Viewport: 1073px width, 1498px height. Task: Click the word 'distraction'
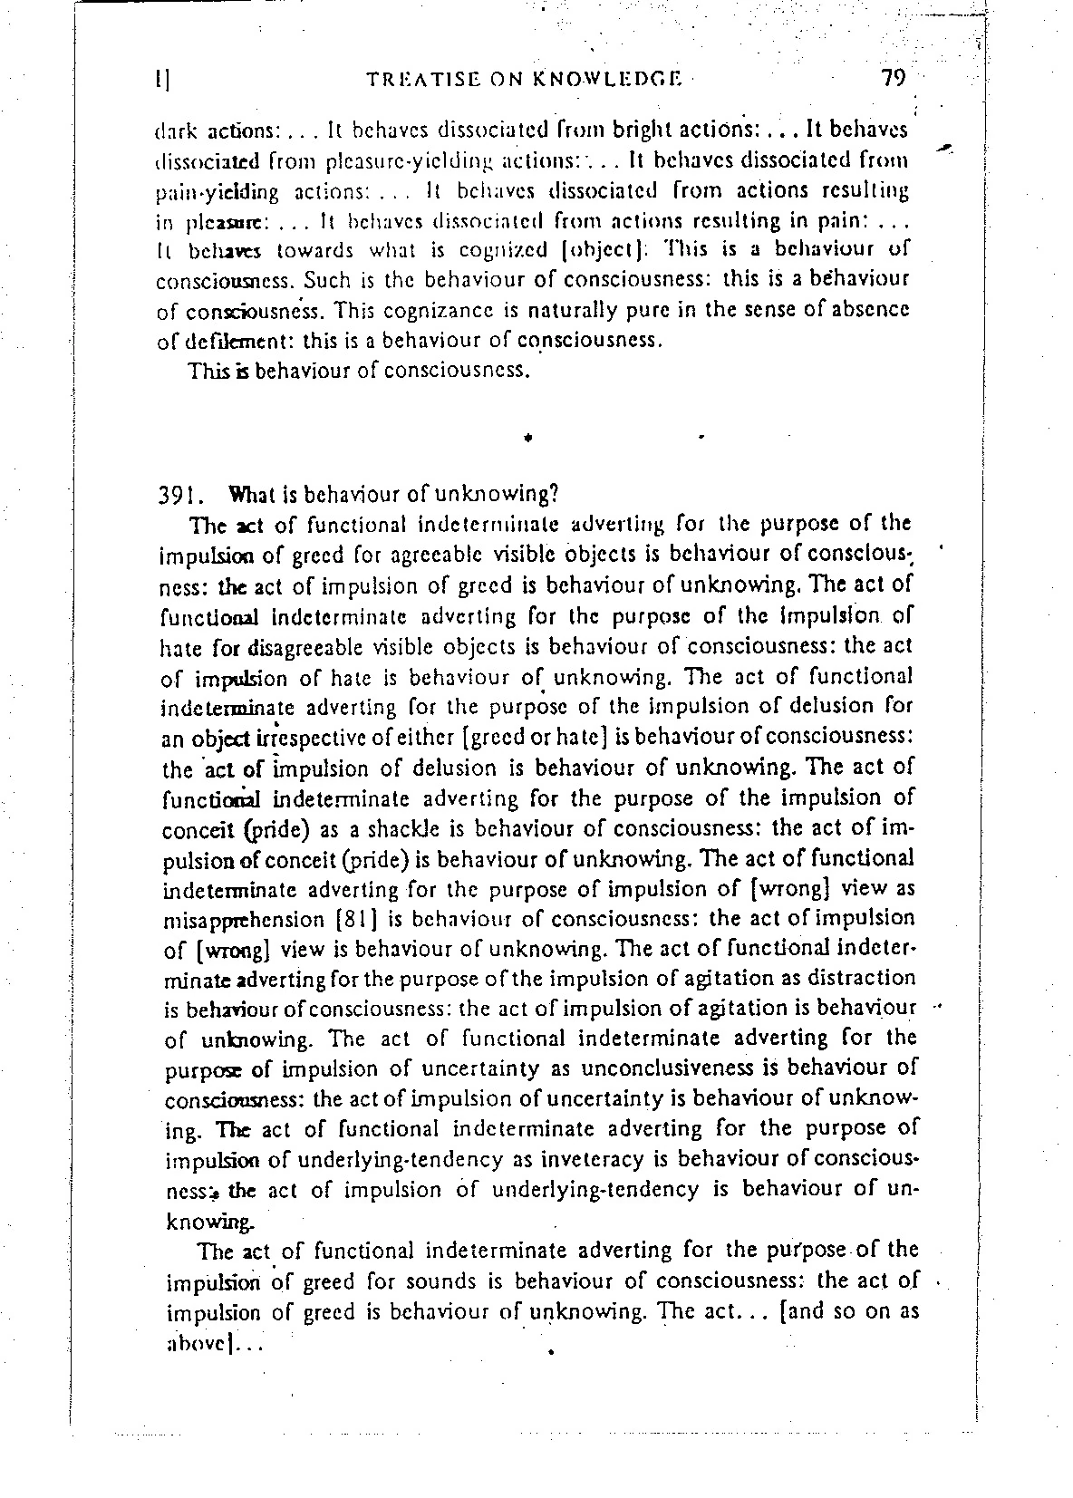(x=861, y=979)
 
